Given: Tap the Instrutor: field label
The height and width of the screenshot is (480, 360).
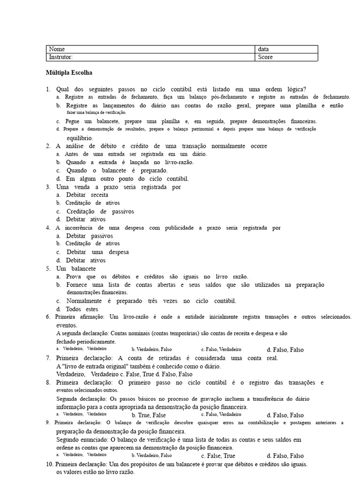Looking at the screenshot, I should (61, 57).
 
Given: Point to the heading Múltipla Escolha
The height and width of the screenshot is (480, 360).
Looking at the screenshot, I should (69, 73).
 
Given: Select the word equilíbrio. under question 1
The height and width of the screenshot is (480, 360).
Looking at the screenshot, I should (80, 138).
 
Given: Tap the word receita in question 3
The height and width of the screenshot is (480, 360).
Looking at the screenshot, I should (99, 195).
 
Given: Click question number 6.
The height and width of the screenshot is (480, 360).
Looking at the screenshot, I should (48, 317).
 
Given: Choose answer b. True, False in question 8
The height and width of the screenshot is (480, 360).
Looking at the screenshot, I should (149, 415).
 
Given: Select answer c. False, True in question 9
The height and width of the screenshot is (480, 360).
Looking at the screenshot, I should (218, 456).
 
